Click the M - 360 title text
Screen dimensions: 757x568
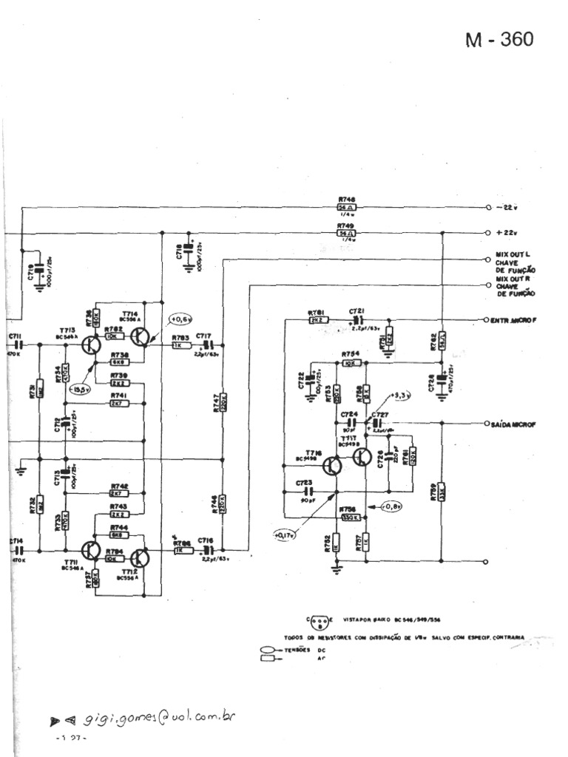click(498, 40)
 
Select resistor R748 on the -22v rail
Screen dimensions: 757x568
click(345, 208)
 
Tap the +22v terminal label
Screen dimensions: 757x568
click(508, 232)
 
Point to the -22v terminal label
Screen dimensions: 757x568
click(508, 207)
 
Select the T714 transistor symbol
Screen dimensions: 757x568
click(141, 336)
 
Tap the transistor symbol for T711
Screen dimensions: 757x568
click(91, 551)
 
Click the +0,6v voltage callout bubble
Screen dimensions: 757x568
click(180, 319)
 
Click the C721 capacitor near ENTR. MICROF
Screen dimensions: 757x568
click(358, 321)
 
